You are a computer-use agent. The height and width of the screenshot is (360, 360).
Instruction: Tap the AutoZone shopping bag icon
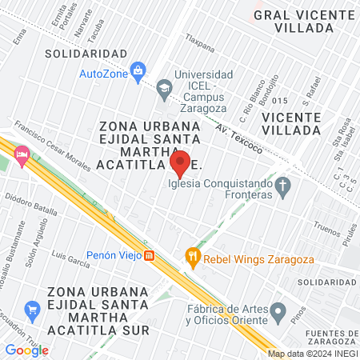[x=138, y=71]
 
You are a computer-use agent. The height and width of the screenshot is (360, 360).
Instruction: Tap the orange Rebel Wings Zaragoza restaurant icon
[x=192, y=257]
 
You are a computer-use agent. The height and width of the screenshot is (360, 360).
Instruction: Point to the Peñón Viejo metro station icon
[x=149, y=256]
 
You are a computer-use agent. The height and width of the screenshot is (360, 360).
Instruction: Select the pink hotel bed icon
[x=22, y=154]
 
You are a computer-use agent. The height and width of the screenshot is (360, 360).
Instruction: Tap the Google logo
[x=26, y=350]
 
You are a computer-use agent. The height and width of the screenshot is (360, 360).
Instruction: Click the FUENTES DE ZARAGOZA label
[x=329, y=336]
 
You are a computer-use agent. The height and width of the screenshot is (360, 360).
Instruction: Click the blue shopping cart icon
[x=32, y=308]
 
